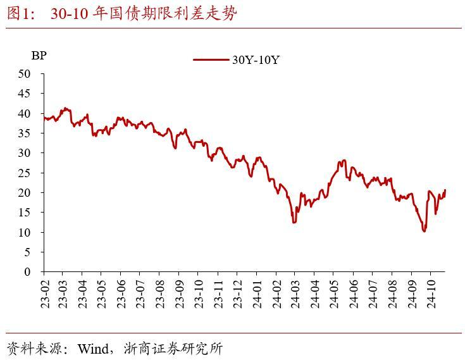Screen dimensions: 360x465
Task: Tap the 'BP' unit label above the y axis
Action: point(39,55)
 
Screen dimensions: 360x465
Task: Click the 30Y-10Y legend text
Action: point(256,59)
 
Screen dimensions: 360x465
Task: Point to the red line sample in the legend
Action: point(211,59)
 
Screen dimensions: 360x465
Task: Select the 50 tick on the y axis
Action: point(25,73)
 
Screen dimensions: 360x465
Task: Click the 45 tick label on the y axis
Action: point(25,93)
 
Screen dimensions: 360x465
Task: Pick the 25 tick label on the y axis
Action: point(25,173)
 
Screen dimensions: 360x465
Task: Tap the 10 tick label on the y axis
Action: point(25,232)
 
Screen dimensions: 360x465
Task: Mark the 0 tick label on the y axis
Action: point(27,272)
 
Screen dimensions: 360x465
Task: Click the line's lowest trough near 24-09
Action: point(424,231)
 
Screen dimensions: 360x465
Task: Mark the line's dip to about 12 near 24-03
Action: point(294,222)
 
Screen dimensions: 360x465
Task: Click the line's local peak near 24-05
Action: point(344,161)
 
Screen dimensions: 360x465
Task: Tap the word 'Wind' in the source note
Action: point(91,349)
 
